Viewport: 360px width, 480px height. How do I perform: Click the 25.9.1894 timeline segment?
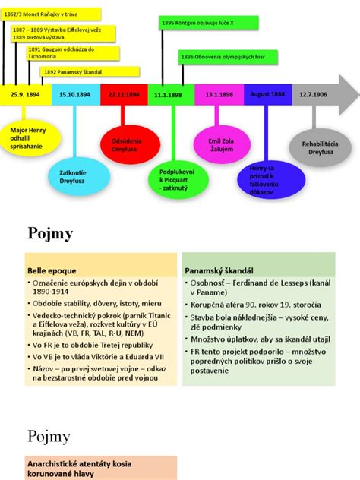coord(25,93)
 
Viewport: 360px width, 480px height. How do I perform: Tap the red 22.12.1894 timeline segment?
coord(123,93)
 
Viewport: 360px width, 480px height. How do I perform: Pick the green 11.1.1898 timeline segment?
coord(172,93)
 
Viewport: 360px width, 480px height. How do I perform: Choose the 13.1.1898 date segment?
coord(219,93)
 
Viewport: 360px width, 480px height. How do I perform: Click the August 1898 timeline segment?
coord(267,93)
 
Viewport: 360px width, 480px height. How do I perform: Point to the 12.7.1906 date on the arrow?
coord(313,93)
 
